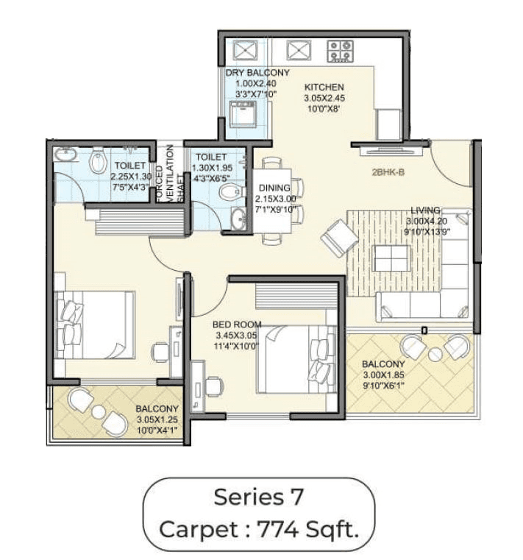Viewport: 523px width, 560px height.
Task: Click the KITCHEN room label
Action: point(324,87)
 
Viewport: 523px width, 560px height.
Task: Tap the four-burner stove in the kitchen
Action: point(341,50)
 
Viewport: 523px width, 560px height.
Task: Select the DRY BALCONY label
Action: point(257,73)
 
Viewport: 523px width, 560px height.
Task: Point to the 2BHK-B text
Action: point(391,175)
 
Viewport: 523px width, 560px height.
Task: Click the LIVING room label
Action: point(425,210)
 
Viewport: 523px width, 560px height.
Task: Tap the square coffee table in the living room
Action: point(391,258)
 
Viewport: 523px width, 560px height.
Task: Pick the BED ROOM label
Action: point(237,324)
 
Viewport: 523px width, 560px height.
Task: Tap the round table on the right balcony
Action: point(435,354)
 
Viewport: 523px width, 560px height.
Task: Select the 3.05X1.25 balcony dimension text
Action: point(157,420)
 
